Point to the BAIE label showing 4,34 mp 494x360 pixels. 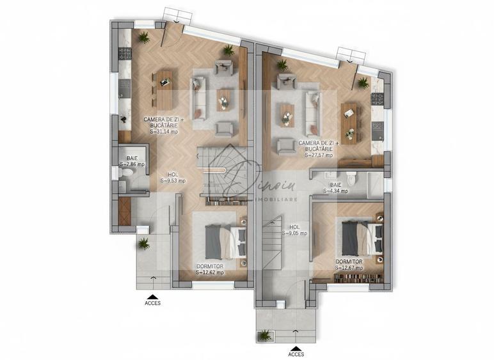tap(335, 190)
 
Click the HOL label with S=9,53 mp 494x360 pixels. tap(173, 180)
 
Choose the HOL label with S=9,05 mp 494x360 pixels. tap(294, 233)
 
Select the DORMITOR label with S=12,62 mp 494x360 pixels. tap(210, 272)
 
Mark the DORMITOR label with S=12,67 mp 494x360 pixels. tap(349, 268)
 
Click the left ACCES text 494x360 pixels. tap(152, 304)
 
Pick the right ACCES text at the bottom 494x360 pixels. tap(296, 354)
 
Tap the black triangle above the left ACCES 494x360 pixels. tap(152, 296)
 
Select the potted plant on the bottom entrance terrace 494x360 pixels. tap(264, 335)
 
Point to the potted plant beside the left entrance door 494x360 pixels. tap(143, 243)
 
